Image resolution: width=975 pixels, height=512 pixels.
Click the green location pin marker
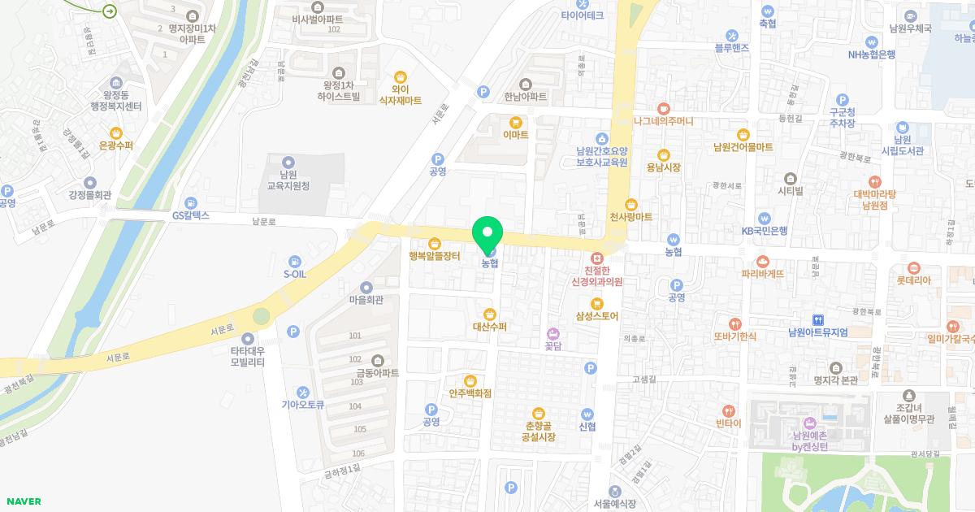(487, 236)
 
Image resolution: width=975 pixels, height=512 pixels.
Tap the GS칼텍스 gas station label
(191, 215)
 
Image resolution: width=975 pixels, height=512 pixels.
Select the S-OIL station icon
(294, 262)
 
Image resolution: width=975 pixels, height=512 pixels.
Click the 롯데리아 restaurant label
(913, 280)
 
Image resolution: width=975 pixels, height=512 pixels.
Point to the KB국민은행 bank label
(764, 231)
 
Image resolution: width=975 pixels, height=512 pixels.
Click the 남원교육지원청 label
(288, 180)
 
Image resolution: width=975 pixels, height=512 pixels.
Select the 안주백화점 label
(470, 393)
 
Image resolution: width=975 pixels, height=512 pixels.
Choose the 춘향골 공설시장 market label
(538, 432)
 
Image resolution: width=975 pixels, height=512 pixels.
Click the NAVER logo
(23, 501)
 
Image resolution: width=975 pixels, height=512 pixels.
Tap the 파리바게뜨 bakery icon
(762, 262)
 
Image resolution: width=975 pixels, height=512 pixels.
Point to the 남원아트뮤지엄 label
(817, 332)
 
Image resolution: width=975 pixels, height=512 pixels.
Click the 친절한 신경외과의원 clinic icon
(596, 257)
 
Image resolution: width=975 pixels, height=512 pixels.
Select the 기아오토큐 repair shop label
(302, 405)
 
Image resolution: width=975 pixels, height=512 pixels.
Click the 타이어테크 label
(582, 15)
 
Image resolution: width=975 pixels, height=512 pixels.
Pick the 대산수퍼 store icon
(489, 315)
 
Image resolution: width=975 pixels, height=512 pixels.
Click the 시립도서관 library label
(902, 150)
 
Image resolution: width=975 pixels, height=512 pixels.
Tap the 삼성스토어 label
(597, 316)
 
